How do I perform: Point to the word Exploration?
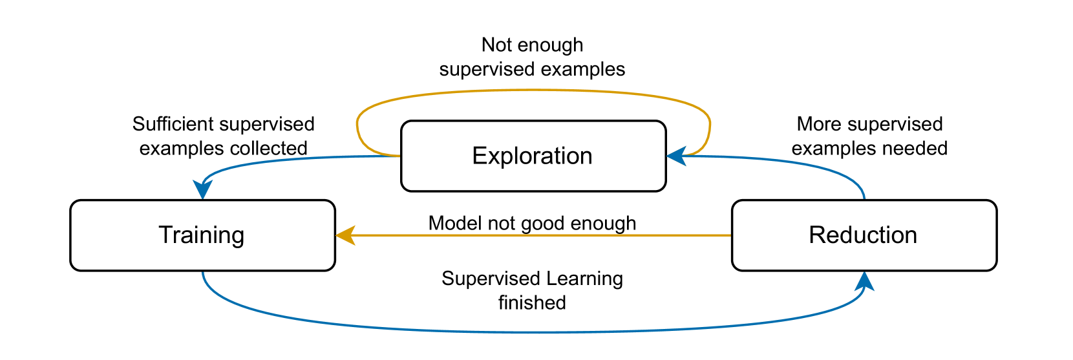[x=532, y=156]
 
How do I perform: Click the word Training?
[x=202, y=235]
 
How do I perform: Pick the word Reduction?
[x=863, y=235]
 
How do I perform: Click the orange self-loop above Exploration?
[x=533, y=90]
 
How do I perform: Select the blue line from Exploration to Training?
[x=291, y=159]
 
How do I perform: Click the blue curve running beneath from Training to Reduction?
[x=533, y=332]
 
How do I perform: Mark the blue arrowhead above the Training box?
[x=202, y=189]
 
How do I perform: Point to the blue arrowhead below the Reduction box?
[x=864, y=282]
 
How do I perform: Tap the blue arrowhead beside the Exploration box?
[x=676, y=156]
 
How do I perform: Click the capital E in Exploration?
[x=478, y=156]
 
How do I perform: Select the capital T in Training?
[x=165, y=235]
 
